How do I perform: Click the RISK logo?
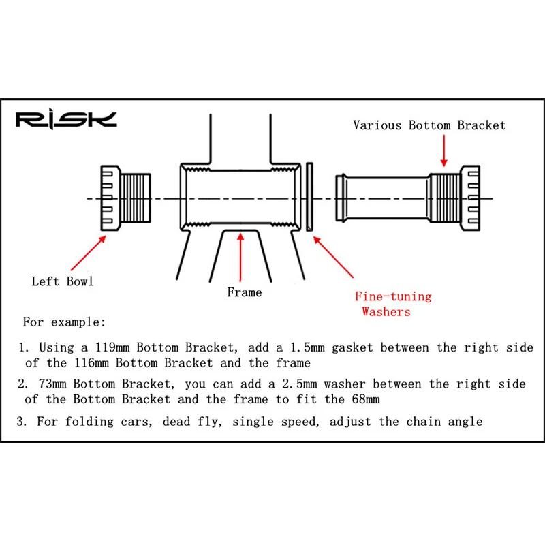point(66,120)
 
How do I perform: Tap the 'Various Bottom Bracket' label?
point(429,125)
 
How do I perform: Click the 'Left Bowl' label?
point(63,281)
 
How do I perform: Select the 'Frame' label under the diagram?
point(244,292)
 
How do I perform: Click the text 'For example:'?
point(64,322)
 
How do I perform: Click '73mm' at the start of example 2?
point(54,384)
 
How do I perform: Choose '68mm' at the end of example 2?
point(361,399)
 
